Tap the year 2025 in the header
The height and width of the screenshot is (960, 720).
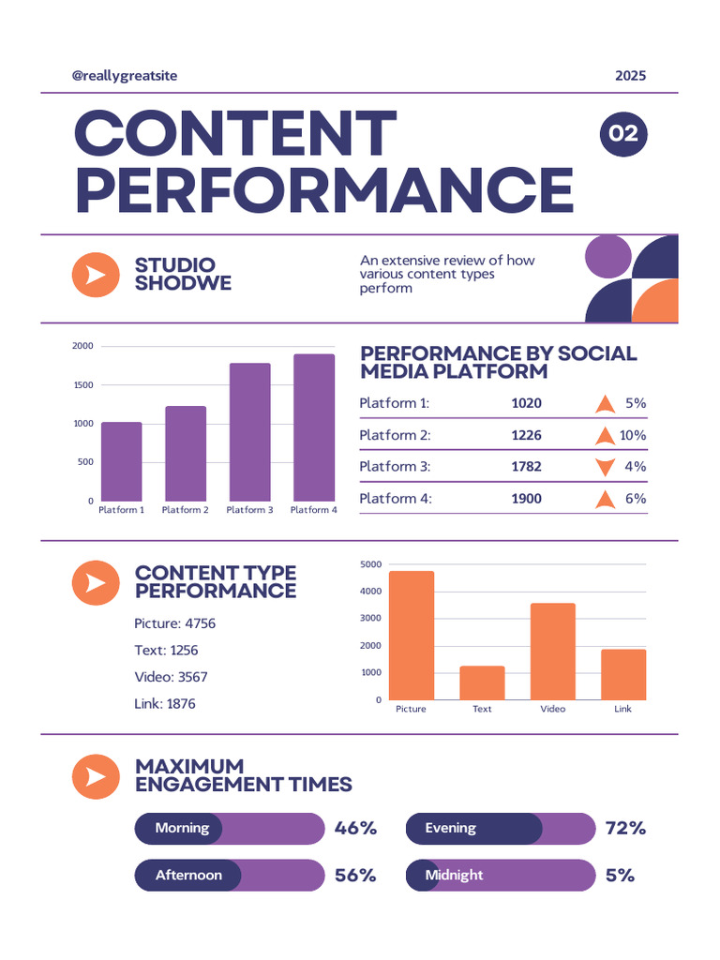click(630, 76)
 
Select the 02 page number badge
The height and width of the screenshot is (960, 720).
click(623, 134)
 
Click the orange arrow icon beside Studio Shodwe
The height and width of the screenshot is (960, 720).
click(96, 276)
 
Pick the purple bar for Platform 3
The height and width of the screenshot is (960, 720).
click(249, 431)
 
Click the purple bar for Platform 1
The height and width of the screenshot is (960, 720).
click(122, 461)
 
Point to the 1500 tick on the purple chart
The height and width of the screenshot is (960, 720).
click(82, 385)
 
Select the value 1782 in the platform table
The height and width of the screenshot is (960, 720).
click(526, 467)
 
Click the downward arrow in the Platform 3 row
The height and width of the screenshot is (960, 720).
click(605, 467)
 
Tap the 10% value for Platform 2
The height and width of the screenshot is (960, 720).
click(633, 435)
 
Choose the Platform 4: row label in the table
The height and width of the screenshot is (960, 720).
click(396, 499)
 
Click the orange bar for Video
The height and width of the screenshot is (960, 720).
click(553, 651)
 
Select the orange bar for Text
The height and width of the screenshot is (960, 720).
click(482, 682)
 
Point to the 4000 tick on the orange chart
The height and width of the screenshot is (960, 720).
click(370, 592)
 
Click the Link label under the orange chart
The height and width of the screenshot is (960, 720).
click(622, 709)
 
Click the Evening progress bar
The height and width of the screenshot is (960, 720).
click(501, 829)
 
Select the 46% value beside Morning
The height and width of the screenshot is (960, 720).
click(355, 829)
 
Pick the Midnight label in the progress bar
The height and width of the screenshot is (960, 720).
click(454, 876)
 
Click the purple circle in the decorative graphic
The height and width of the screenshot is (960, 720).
click(607, 255)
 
